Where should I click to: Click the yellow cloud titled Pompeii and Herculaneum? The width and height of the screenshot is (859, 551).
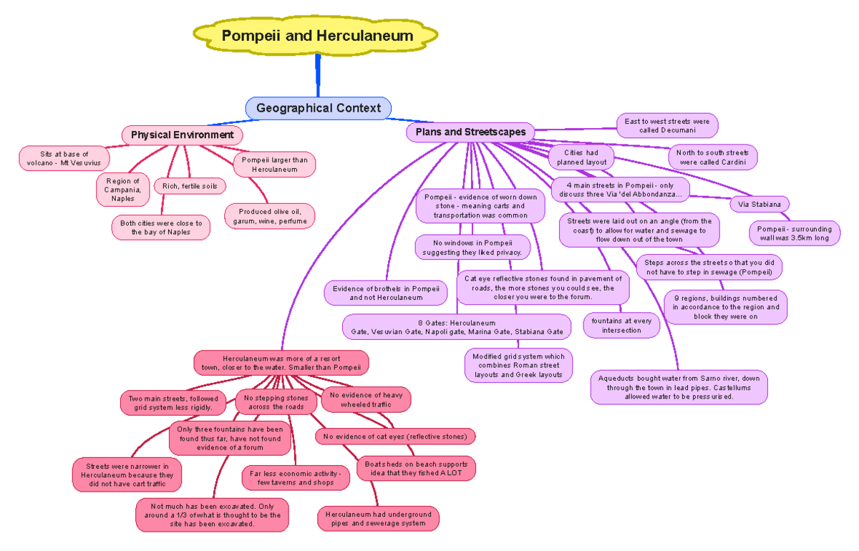316,36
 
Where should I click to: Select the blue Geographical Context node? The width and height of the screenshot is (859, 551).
319,108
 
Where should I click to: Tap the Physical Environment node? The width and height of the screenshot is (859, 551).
182,135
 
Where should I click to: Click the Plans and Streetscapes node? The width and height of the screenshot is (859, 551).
470,132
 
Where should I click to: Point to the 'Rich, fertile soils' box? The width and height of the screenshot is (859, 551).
190,187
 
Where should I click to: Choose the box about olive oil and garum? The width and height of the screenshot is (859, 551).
269,216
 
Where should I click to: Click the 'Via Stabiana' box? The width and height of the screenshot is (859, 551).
759,205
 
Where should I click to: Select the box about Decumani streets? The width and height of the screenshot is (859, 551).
666,126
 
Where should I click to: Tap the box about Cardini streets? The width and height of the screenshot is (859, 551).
712,157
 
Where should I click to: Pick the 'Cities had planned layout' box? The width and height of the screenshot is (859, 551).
581,157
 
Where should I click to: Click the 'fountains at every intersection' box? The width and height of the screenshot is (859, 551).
621,326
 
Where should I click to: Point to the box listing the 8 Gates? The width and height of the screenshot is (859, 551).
457,327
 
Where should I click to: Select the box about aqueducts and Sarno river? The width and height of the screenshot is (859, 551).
679,387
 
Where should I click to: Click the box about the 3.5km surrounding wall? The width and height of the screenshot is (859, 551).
795,233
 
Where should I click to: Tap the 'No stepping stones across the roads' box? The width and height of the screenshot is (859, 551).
276,402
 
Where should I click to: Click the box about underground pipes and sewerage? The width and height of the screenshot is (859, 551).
378,519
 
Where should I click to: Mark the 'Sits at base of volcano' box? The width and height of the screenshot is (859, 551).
64,158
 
